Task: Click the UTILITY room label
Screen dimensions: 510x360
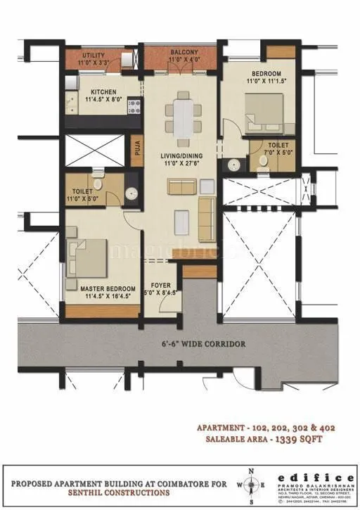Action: (94, 54)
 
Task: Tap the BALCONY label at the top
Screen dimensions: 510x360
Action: (183, 52)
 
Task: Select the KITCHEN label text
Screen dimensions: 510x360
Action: (103, 91)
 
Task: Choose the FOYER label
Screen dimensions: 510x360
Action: (158, 287)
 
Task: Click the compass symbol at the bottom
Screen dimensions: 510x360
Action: (252, 485)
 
